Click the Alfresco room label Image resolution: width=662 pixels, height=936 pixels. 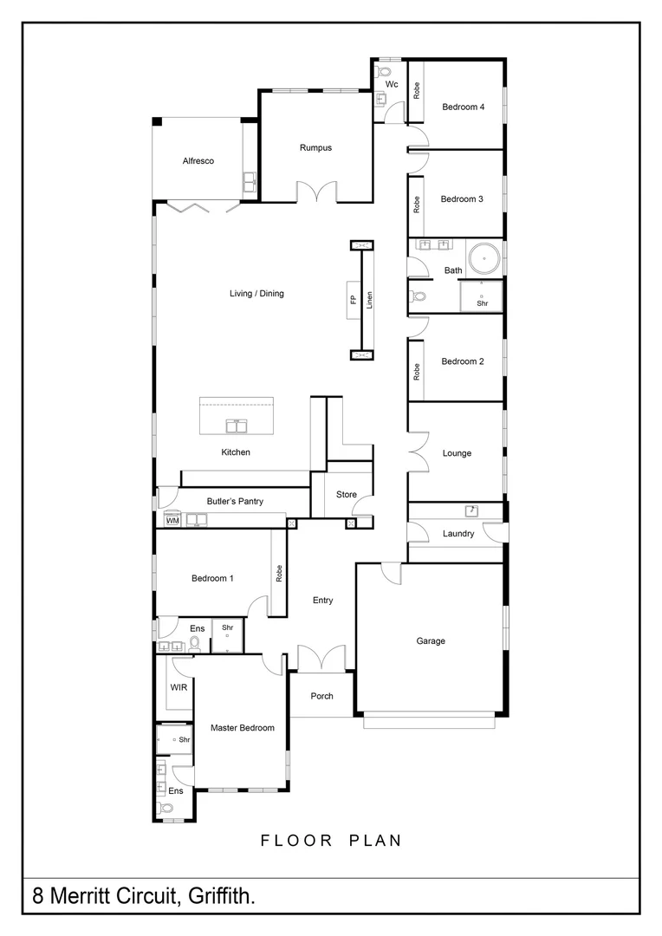pos(198,161)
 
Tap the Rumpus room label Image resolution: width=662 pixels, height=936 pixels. pos(315,147)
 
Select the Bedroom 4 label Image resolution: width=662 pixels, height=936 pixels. pos(463,107)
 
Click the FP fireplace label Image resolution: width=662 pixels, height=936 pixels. pos(353,300)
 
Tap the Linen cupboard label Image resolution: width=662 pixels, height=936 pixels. pos(369,300)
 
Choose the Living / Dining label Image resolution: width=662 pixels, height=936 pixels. pos(256,294)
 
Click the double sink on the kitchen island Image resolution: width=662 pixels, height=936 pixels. pos(236,426)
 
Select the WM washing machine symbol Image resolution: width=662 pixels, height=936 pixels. pos(172,521)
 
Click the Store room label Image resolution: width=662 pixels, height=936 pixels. pos(347,495)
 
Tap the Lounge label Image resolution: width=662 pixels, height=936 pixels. pos(457,453)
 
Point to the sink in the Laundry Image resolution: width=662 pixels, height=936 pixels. pos(471,511)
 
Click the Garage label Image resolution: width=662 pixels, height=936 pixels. pos(431,641)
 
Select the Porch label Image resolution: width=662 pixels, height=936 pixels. pos(321,696)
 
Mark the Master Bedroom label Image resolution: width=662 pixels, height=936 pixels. pos(243,728)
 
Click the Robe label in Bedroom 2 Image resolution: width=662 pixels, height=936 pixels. pos(417,373)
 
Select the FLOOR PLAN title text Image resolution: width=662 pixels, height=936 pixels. pos(331,841)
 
